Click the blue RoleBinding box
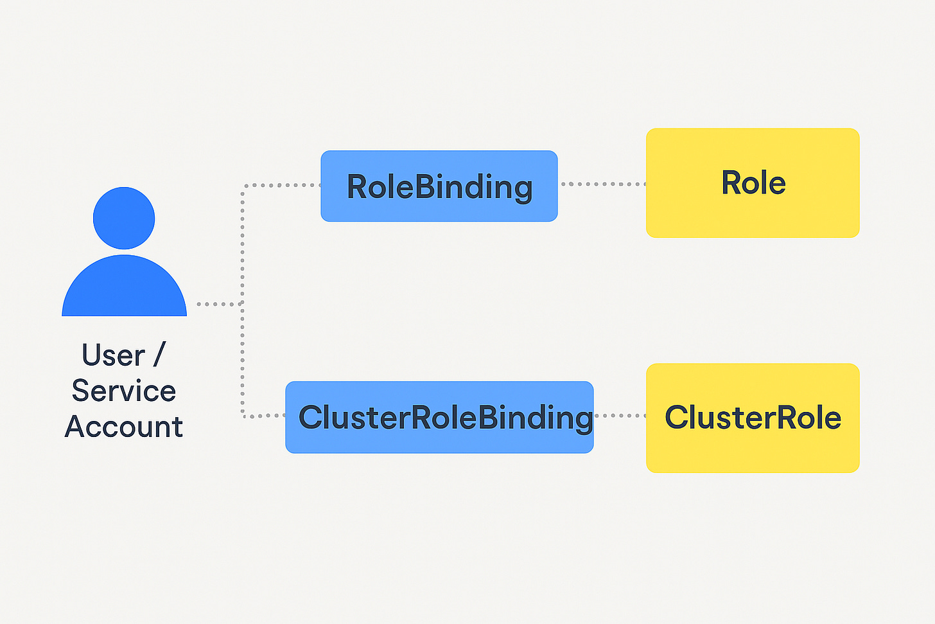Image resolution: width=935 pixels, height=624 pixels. pos(439,186)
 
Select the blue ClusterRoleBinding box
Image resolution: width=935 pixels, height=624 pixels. pos(439,417)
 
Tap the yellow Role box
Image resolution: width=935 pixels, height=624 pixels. pos(753,183)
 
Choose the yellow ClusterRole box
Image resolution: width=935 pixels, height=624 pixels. pos(753,418)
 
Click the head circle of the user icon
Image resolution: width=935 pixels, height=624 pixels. pos(124,218)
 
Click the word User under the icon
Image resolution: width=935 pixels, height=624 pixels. pos(114,355)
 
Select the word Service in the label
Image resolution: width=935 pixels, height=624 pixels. pos(124,391)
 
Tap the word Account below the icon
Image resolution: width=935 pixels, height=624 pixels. pos(124,427)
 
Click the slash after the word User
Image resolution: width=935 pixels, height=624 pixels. pos(159,355)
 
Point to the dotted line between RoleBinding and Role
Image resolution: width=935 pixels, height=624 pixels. pos(604,184)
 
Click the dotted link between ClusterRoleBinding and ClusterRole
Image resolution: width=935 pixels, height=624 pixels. pos(620,416)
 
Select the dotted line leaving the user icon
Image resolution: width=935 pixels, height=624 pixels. pos(220,304)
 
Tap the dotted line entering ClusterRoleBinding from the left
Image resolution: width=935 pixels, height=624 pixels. pos(264,416)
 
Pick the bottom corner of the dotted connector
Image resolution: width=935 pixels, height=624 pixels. pos(243,415)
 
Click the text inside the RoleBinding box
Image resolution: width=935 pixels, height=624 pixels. pos(439,188)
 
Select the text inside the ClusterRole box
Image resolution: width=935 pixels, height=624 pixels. pos(753,417)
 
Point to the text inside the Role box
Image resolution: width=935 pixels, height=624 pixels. pos(753,183)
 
